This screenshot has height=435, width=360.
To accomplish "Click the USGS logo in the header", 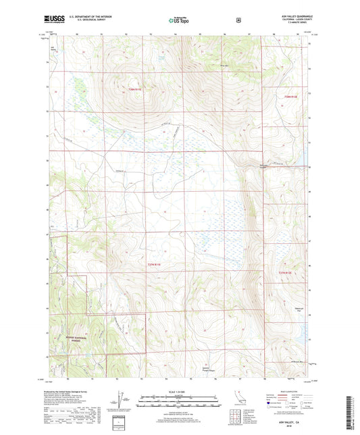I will [x=56, y=21].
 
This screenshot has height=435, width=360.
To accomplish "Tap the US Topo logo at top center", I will [x=179, y=21].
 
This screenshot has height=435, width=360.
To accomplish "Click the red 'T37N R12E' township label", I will [x=286, y=272].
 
